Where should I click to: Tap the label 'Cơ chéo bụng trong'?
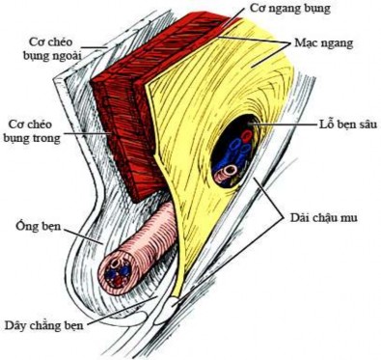click(x=38, y=131)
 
